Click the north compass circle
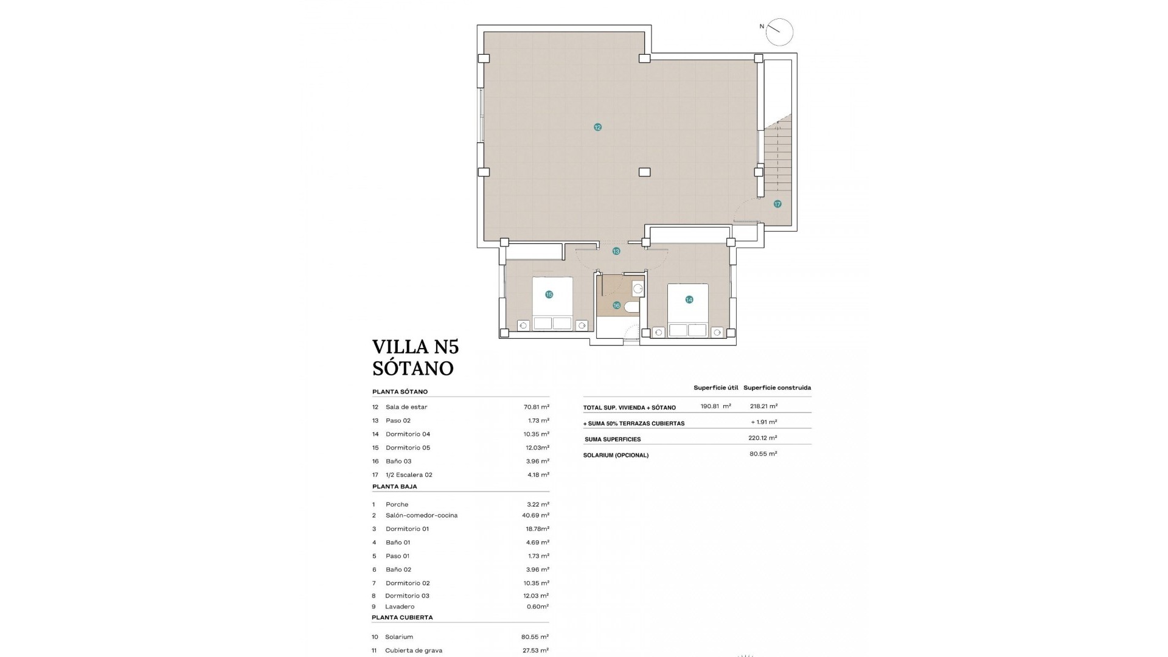[x=779, y=32]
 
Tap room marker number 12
[x=597, y=127]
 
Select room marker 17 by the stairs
[x=777, y=204]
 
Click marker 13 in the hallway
[x=616, y=251]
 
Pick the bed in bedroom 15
[x=552, y=303]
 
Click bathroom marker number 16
[x=616, y=305]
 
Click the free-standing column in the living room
[x=644, y=172]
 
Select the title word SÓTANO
[x=413, y=368]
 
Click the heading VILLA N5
[x=415, y=347]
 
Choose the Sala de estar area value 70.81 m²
[x=537, y=407]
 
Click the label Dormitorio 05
[x=408, y=448]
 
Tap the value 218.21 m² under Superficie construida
[x=763, y=406]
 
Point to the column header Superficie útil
[x=715, y=388]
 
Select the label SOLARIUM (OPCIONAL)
[x=616, y=455]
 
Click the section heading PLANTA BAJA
[x=394, y=487]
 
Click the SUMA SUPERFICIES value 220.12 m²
[x=762, y=437]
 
